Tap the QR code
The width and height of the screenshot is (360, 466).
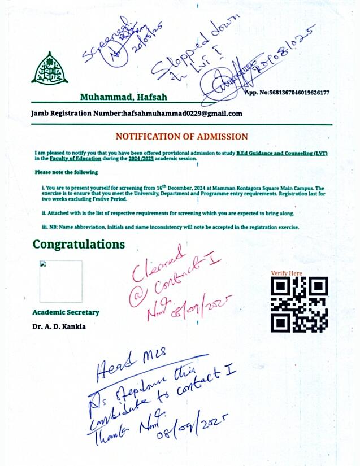click(300, 304)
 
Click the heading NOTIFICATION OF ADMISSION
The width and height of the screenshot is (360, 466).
click(181, 137)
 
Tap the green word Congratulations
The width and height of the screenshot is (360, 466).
click(79, 244)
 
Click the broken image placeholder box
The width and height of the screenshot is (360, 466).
click(60, 281)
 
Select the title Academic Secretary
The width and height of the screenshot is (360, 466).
click(66, 312)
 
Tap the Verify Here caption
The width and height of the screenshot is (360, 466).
click(287, 273)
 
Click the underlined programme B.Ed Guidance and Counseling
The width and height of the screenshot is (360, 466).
click(281, 154)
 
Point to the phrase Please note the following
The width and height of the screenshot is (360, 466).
click(66, 172)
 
